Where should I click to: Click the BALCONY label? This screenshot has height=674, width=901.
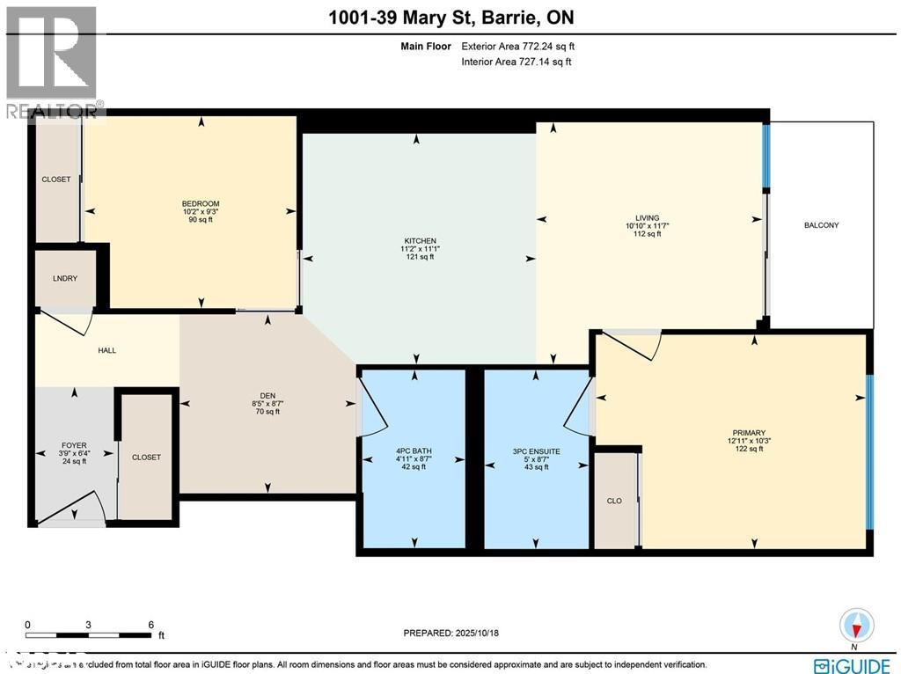coord(821,225)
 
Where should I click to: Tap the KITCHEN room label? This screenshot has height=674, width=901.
coord(418,240)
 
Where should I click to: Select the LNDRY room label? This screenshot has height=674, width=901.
coord(66,278)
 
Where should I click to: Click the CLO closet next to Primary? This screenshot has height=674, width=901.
coord(614,501)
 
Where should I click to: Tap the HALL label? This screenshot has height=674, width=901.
coord(106,350)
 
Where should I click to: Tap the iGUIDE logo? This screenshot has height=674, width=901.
coord(852,664)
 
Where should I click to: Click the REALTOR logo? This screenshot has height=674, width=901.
coord(51,62)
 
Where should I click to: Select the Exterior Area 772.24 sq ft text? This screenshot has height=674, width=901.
coord(518,47)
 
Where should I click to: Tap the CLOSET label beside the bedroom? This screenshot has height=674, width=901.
coord(55,179)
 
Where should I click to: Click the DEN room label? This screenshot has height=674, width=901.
coord(267,394)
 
